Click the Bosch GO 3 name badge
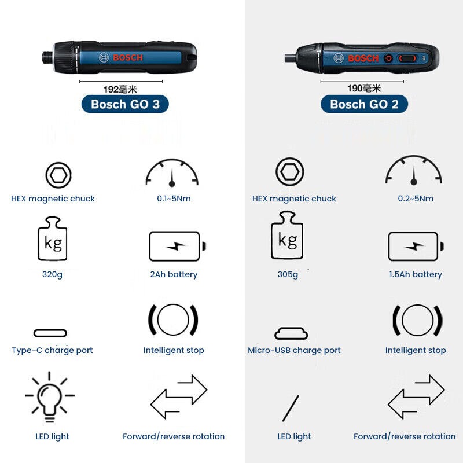pyautogui.click(x=125, y=104)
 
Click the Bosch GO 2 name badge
pyautogui.click(x=364, y=104)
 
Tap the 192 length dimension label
pyautogui.click(x=120, y=89)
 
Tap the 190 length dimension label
pyautogui.click(x=364, y=89)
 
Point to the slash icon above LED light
pyautogui.click(x=291, y=408)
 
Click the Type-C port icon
pyautogui.click(x=50, y=333)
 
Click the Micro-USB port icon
pyautogui.click(x=291, y=333)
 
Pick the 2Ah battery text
pyautogui.click(x=174, y=274)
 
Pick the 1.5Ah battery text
pyautogui.click(x=416, y=274)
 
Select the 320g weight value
pyautogui.click(x=52, y=274)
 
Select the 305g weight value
pyautogui.click(x=288, y=274)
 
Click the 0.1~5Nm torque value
pyautogui.click(x=174, y=199)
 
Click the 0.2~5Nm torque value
pyautogui.click(x=416, y=199)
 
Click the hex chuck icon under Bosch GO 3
pyautogui.click(x=58, y=174)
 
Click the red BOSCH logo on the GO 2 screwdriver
pyautogui.click(x=363, y=58)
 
